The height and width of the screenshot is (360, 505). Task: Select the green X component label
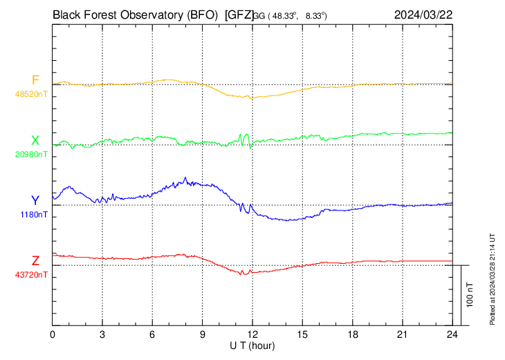35,141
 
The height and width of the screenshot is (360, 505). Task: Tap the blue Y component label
35,201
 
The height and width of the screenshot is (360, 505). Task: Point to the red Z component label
35,261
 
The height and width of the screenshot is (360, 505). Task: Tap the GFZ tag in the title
239,14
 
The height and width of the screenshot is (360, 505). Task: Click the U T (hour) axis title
253,345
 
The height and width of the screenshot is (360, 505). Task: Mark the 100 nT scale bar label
470,295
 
